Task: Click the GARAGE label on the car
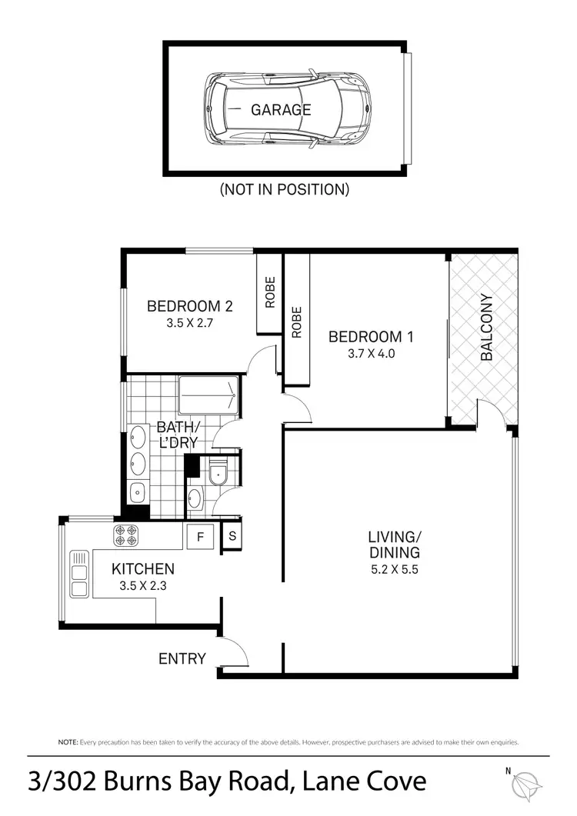[281, 109]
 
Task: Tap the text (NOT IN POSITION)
[284, 188]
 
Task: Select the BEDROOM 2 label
[189, 306]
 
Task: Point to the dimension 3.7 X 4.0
[365, 354]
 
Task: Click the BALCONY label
[486, 327]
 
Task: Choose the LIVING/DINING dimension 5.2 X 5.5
[393, 570]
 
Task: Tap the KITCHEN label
[143, 569]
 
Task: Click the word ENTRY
[182, 658]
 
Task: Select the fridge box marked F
[201, 537]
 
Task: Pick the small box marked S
[232, 537]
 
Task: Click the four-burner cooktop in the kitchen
[126, 535]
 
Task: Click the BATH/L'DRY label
[178, 435]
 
